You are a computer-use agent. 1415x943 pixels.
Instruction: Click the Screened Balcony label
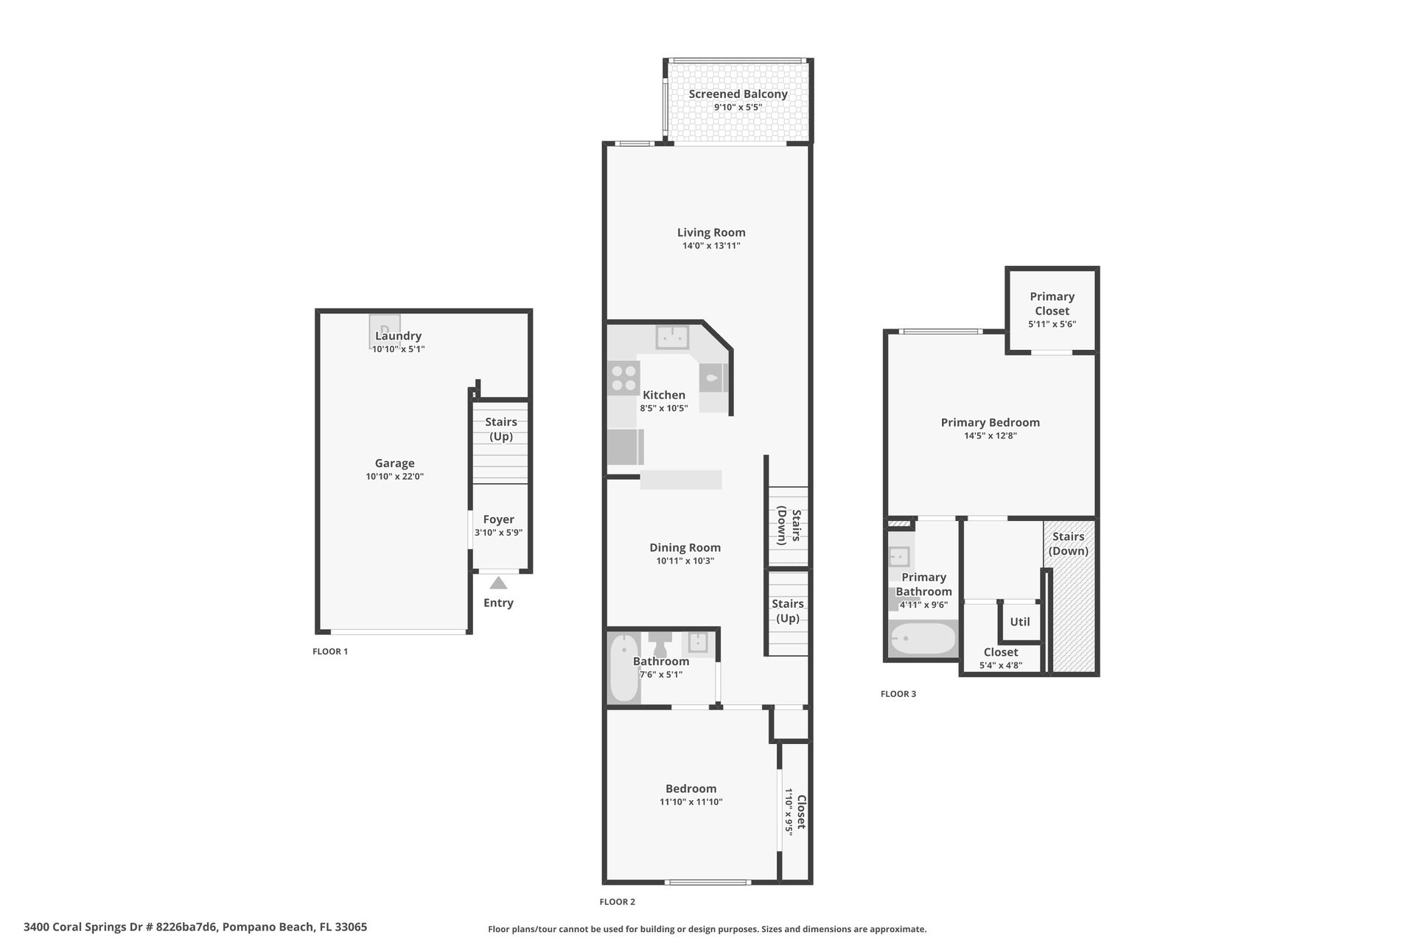(738, 94)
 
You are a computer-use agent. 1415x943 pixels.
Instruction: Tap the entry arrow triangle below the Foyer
(498, 583)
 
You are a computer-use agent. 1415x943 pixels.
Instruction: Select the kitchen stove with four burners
(623, 378)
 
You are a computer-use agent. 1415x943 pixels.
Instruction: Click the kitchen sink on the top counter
(672, 337)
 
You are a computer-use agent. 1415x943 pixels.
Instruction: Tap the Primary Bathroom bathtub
(923, 639)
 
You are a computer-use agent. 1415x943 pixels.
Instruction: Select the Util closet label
(1019, 622)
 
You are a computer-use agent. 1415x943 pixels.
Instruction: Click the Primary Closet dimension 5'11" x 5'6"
(1052, 324)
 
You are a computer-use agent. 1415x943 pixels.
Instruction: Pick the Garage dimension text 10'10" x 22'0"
(394, 477)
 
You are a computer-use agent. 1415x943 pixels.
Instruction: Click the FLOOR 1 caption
(330, 651)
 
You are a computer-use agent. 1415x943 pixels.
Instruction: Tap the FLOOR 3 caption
(898, 694)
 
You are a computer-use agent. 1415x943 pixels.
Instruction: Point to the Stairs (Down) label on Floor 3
(1068, 544)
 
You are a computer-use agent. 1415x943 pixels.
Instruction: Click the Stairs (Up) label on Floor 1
(500, 429)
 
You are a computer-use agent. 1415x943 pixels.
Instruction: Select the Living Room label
(710, 233)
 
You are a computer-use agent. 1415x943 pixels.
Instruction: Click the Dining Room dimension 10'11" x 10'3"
(685, 561)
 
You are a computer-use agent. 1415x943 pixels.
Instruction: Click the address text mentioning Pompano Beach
(195, 927)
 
